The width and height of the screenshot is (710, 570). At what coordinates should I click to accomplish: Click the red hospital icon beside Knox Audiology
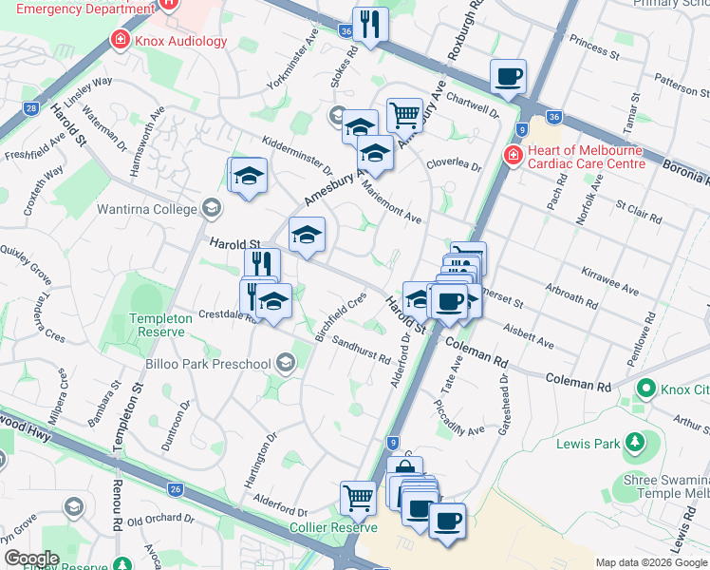pyautogui.click(x=121, y=40)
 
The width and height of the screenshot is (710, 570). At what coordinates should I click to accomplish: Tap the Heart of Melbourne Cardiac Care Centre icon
pyautogui.click(x=513, y=154)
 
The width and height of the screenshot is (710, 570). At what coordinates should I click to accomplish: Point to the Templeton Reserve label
pyautogui.click(x=159, y=325)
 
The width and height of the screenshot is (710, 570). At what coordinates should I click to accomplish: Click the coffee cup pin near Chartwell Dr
pyautogui.click(x=508, y=76)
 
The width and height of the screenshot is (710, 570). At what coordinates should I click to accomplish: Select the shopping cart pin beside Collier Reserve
pyautogui.click(x=358, y=497)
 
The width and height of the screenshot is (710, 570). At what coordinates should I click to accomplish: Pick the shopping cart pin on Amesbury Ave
pyautogui.click(x=404, y=115)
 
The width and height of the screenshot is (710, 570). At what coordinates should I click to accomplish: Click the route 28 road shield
pyautogui.click(x=32, y=108)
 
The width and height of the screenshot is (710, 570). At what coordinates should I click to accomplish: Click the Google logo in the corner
pyautogui.click(x=30, y=559)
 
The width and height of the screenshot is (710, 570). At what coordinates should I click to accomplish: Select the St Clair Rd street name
pyautogui.click(x=637, y=211)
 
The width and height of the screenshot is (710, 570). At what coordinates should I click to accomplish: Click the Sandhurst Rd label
pyautogui.click(x=361, y=352)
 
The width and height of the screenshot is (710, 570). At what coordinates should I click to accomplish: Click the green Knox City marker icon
pyautogui.click(x=646, y=388)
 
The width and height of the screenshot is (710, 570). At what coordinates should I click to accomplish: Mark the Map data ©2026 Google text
pyautogui.click(x=650, y=562)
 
